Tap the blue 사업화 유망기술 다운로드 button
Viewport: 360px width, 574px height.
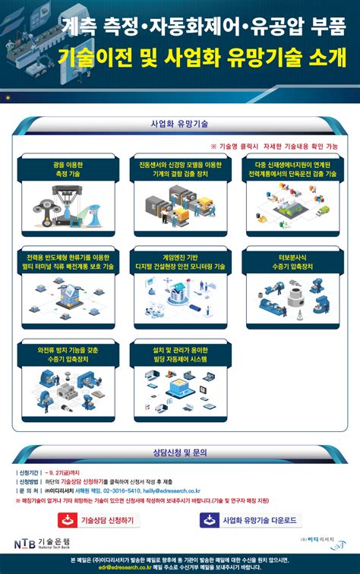251,519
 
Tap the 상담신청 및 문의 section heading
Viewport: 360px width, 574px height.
180,453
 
